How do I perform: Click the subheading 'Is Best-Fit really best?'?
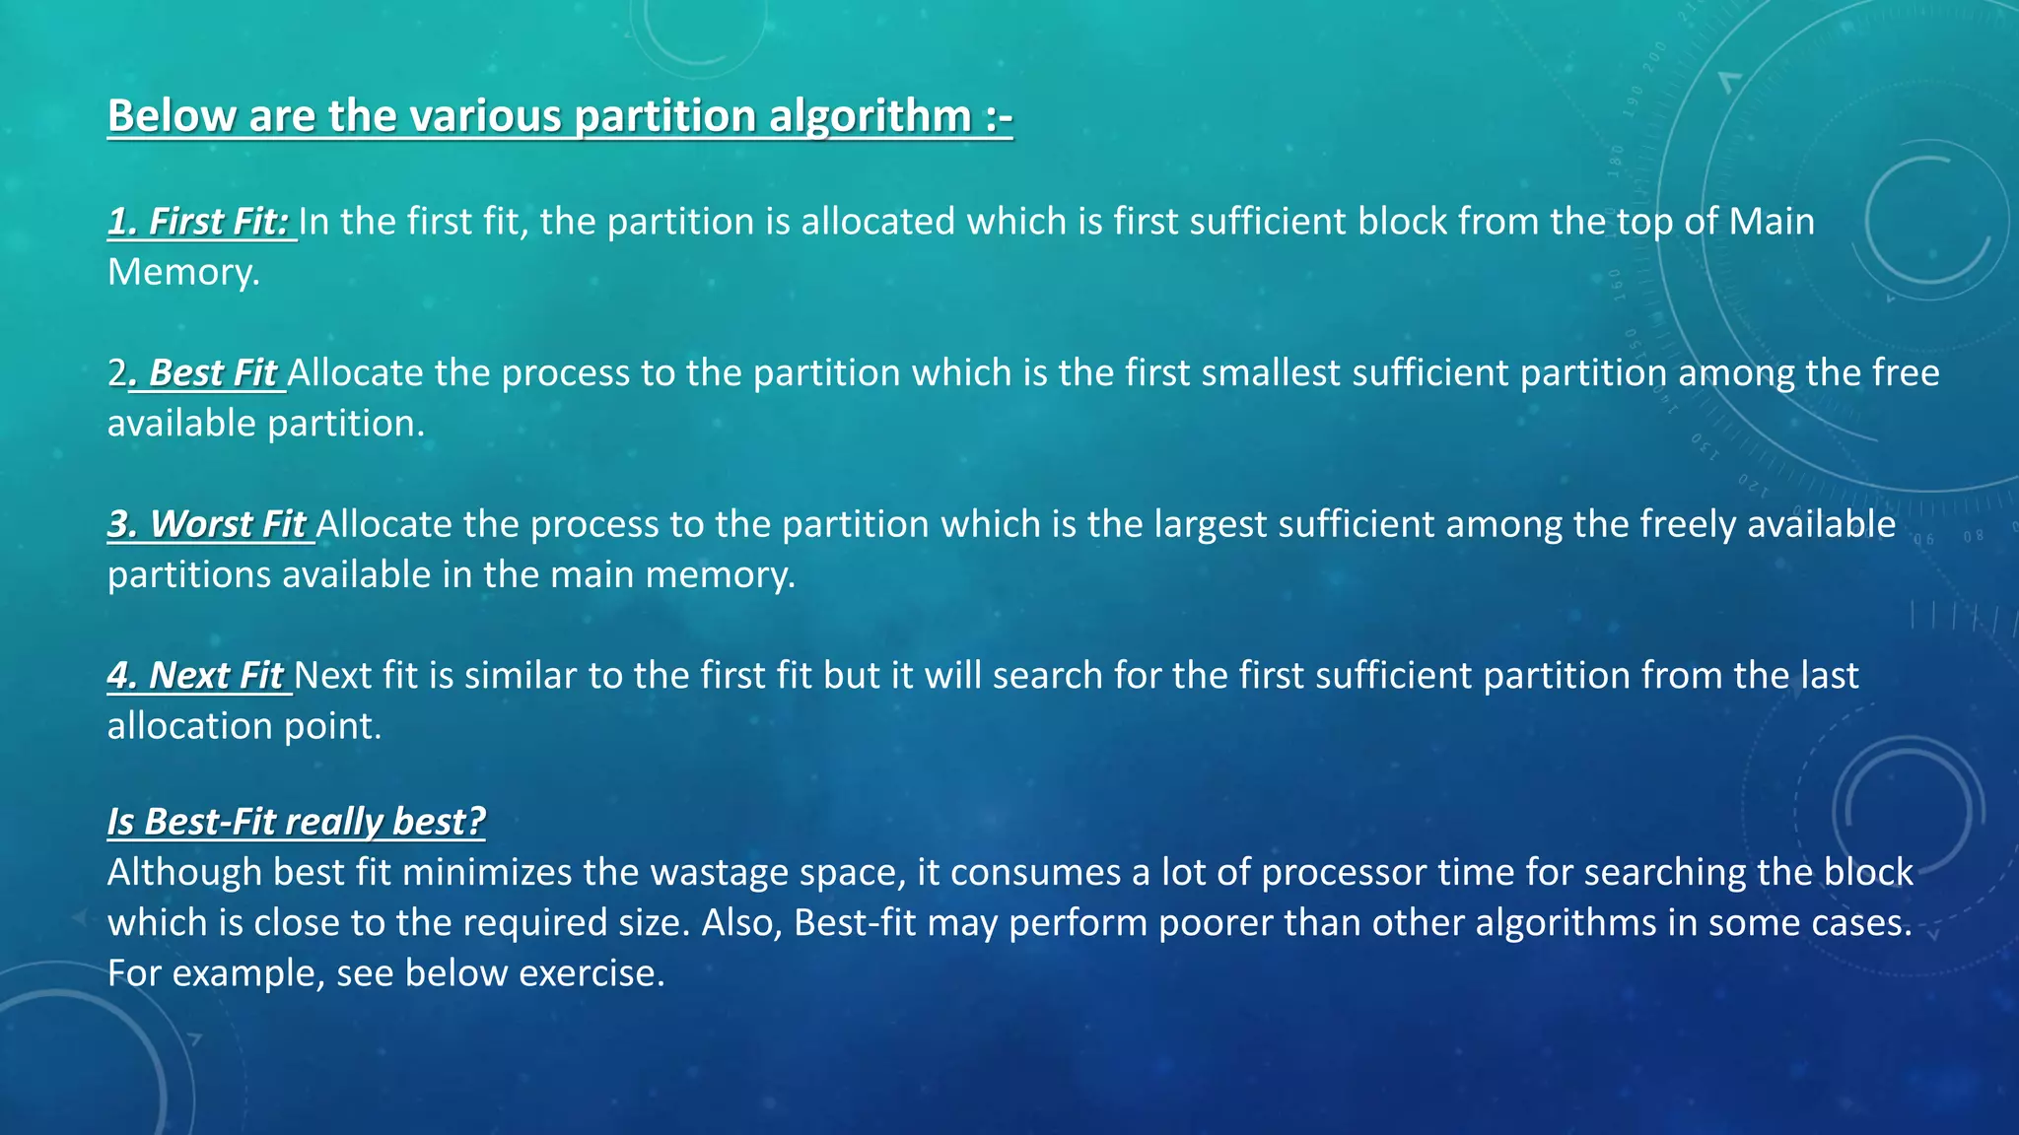pyautogui.click(x=296, y=822)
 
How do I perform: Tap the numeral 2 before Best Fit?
pyautogui.click(x=117, y=373)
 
